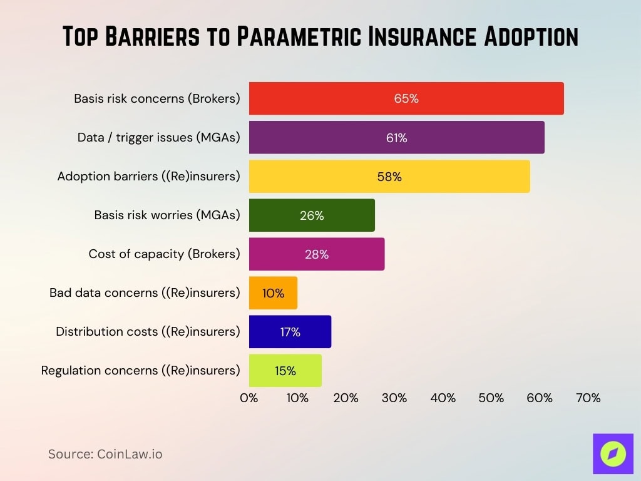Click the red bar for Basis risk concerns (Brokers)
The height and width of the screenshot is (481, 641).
pos(406,98)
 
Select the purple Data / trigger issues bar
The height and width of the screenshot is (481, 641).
pos(396,137)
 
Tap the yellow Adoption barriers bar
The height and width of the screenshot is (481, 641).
pos(389,176)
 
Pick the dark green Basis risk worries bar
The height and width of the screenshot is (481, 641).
pos(312,215)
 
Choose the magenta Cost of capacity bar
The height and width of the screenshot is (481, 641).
pos(317,254)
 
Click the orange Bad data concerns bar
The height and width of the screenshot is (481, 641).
pos(273,292)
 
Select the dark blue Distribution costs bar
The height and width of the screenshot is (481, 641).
pos(290,331)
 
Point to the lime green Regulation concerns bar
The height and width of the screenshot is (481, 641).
pos(285,370)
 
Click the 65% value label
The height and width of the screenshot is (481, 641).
pos(406,98)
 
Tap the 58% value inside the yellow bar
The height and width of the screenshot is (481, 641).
pos(389,177)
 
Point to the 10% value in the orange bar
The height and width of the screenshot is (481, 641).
pos(273,292)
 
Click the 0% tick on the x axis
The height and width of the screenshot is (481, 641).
pos(249,398)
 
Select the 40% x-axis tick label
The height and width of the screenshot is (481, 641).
pos(443,398)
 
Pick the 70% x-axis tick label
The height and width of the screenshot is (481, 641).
pos(588,398)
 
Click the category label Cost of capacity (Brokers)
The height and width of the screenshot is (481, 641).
pos(164,254)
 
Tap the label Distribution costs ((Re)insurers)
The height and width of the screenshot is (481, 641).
pos(148,331)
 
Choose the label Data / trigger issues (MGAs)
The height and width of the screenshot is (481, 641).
pos(158,137)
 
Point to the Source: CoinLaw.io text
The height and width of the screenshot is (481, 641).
pos(105,454)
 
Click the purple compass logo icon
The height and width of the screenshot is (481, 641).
pos(613,453)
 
